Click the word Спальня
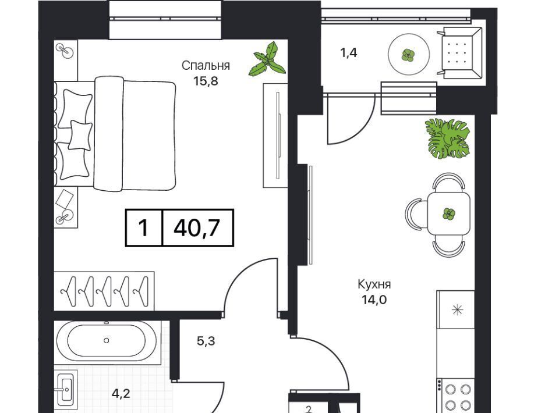click(206, 66)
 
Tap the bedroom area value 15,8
click(206, 81)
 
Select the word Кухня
click(374, 284)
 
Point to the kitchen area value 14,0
click(374, 300)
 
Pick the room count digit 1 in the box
click(143, 228)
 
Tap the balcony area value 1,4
click(348, 53)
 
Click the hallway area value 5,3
click(206, 341)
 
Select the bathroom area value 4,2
click(121, 393)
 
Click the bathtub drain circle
click(106, 340)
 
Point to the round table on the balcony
click(409, 54)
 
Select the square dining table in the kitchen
click(448, 213)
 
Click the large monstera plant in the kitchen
click(447, 138)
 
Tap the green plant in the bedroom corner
click(268, 59)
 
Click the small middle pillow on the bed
click(80, 136)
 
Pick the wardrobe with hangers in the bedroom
click(104, 291)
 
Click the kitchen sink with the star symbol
click(457, 309)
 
